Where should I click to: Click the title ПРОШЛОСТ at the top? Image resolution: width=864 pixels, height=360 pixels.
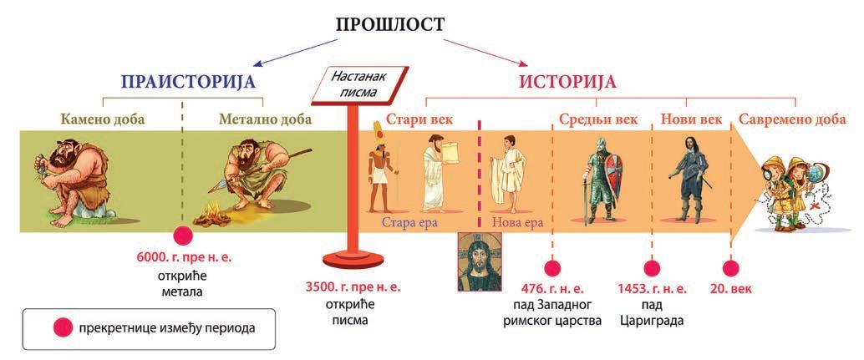click(x=389, y=24)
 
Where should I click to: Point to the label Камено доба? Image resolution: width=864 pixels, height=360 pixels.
click(x=103, y=119)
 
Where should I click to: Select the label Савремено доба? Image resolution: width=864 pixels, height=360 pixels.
click(x=792, y=119)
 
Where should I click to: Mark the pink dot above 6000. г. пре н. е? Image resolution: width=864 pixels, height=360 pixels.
click(x=182, y=236)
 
